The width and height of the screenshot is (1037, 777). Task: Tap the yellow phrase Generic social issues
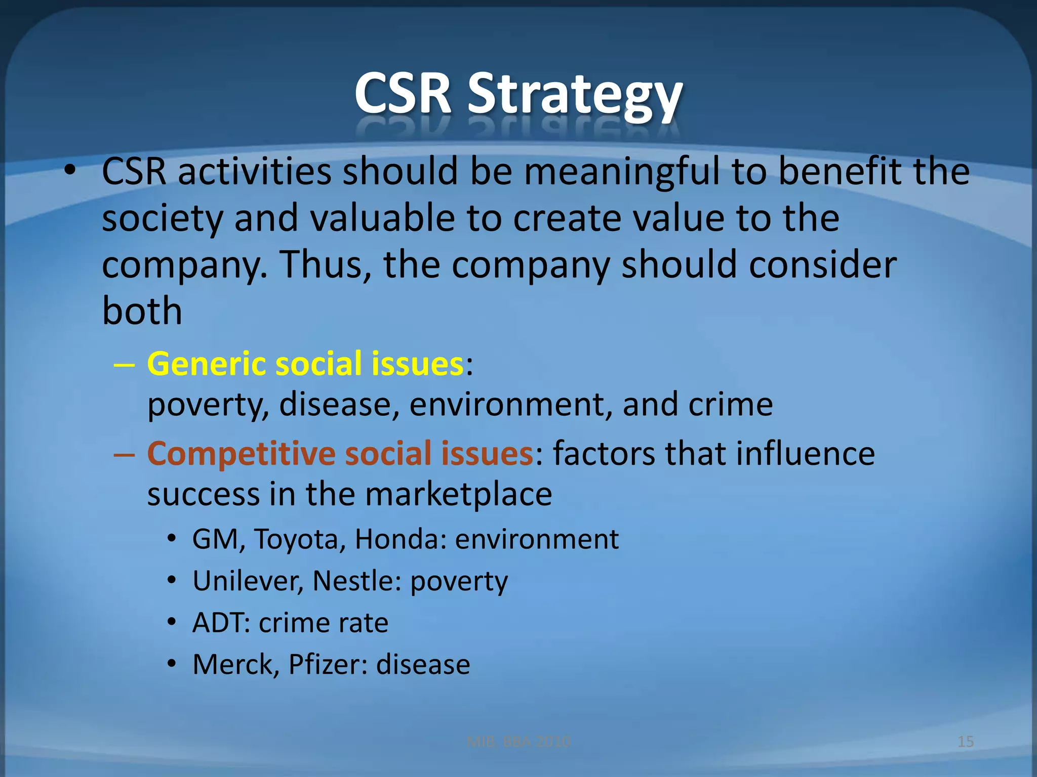tap(305, 364)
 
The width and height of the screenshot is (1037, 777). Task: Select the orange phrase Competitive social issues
tap(340, 453)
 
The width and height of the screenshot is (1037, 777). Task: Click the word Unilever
tap(248, 581)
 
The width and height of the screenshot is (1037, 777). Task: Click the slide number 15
tap(966, 742)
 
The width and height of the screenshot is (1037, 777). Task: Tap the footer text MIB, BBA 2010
tap(518, 742)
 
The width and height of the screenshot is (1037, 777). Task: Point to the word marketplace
tap(458, 495)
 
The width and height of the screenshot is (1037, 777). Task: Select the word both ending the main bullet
tap(142, 311)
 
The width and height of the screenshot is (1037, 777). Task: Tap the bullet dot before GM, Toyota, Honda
tap(172, 539)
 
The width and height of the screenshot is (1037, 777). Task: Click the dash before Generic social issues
tap(125, 365)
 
